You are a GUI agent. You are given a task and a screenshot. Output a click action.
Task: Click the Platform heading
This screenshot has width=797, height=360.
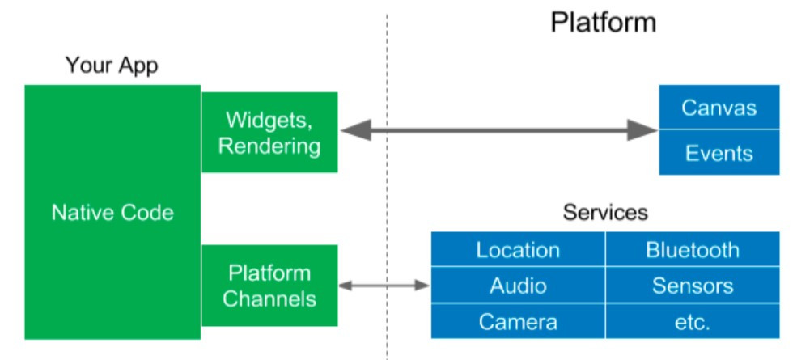[x=603, y=22]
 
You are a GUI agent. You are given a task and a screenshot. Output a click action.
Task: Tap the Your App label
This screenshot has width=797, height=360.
[x=112, y=65]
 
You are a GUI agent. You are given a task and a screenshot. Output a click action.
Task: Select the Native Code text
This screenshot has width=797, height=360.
[x=112, y=213]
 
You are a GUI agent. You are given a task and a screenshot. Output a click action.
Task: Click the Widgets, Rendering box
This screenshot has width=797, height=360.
[x=269, y=132]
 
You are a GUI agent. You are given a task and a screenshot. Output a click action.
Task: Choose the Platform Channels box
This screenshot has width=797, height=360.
[x=269, y=286]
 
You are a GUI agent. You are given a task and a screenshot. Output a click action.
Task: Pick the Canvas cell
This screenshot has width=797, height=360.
[x=719, y=108]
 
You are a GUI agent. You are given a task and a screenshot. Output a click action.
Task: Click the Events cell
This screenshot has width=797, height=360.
[x=719, y=153]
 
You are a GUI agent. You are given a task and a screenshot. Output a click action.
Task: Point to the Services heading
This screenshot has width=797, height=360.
[x=605, y=213]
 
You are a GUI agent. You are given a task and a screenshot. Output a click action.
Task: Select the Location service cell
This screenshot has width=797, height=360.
[x=518, y=250]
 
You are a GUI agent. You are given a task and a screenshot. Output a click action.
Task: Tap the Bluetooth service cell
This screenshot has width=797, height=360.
[x=693, y=250]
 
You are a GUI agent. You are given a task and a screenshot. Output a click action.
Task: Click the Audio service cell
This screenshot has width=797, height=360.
[x=518, y=286]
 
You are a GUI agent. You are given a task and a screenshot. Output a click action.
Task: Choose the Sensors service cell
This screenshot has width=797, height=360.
[x=693, y=286]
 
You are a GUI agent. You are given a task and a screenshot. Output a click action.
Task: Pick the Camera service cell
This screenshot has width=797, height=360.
[x=518, y=322]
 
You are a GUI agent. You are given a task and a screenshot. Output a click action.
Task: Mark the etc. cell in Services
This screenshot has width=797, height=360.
[x=693, y=322]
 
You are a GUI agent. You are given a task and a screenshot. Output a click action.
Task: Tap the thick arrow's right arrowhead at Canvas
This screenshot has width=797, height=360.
[x=642, y=129]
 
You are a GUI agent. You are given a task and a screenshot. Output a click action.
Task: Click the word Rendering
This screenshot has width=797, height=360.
[x=269, y=146]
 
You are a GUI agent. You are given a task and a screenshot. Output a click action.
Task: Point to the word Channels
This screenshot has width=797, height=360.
[x=269, y=299]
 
